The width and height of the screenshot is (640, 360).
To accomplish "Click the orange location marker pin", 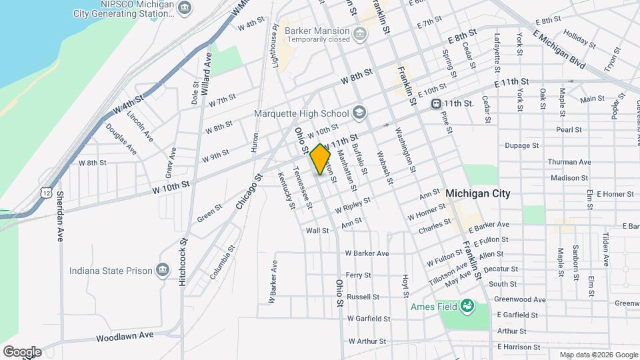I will pos(320,159).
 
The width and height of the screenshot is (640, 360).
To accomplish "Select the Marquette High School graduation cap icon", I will pos(360,112).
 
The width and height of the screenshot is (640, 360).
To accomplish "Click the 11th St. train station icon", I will pos(437,103).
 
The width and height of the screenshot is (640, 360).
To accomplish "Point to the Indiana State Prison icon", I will pos(162,270).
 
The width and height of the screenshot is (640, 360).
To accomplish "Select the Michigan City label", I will pos(477,193).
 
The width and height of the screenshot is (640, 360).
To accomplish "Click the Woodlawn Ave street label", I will pos(125,337).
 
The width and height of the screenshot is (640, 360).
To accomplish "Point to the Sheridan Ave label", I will pos(60,215).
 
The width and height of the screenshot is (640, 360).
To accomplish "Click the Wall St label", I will pos(317,231).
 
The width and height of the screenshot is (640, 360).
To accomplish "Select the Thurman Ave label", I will pos(569,162).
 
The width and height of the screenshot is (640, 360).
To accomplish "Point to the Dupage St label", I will pos(521,145).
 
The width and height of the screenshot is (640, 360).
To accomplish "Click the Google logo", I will pos(21,351).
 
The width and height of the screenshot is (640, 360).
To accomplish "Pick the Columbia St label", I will pos(223,262).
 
